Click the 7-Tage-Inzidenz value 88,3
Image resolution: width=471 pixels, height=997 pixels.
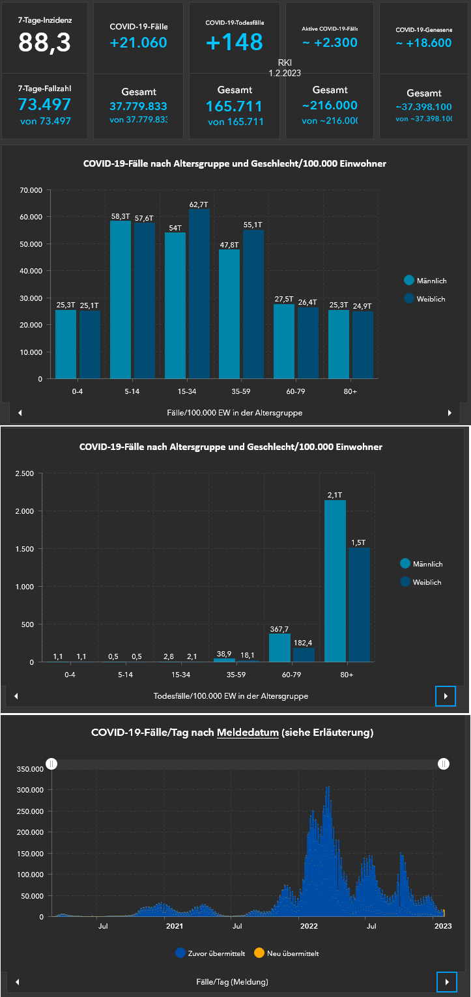click(x=44, y=42)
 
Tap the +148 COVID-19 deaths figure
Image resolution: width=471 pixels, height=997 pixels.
click(x=235, y=42)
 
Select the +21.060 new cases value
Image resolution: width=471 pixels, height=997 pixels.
click(x=138, y=43)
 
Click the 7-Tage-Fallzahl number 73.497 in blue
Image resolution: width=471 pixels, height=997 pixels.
click(x=44, y=105)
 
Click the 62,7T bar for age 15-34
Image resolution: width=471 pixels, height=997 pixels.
click(x=199, y=293)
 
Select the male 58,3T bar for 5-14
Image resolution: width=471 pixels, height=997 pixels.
click(x=121, y=300)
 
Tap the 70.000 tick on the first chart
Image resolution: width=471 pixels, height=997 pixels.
click(x=31, y=190)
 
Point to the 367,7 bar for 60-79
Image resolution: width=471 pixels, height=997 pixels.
click(x=280, y=647)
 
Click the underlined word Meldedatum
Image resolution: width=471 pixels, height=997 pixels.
click(x=248, y=733)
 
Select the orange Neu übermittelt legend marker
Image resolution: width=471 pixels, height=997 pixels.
click(x=259, y=953)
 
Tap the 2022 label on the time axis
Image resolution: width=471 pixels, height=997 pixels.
click(x=309, y=925)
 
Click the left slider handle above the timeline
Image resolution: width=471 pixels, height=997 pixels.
click(x=52, y=764)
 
